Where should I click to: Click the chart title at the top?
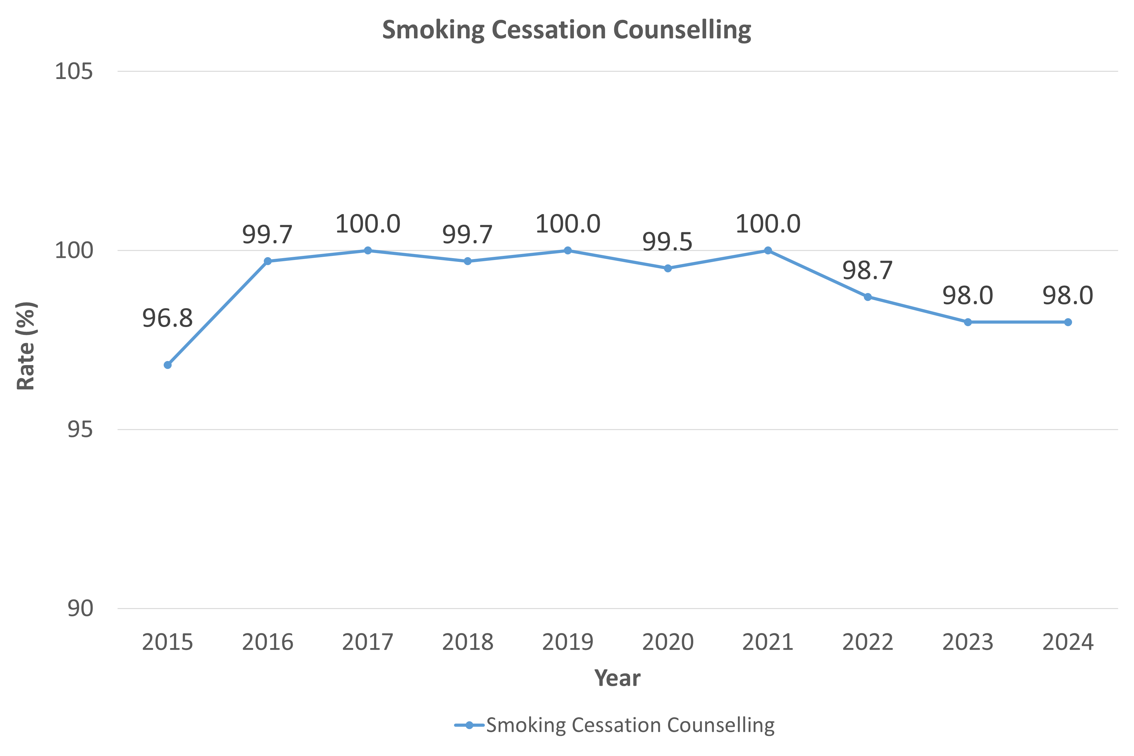(566, 30)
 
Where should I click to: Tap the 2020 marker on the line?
(668, 268)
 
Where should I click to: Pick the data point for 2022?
(868, 297)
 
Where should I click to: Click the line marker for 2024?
(1068, 322)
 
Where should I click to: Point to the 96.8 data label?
(167, 318)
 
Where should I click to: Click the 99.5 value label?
(667, 241)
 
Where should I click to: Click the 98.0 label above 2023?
(968, 296)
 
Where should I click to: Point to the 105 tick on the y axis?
(73, 71)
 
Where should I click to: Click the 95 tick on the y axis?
(80, 429)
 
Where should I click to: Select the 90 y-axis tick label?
(80, 608)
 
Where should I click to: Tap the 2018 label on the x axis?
(468, 642)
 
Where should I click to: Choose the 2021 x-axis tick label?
(768, 642)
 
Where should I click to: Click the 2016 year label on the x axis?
(268, 642)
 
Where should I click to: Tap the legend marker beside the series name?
(469, 725)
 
